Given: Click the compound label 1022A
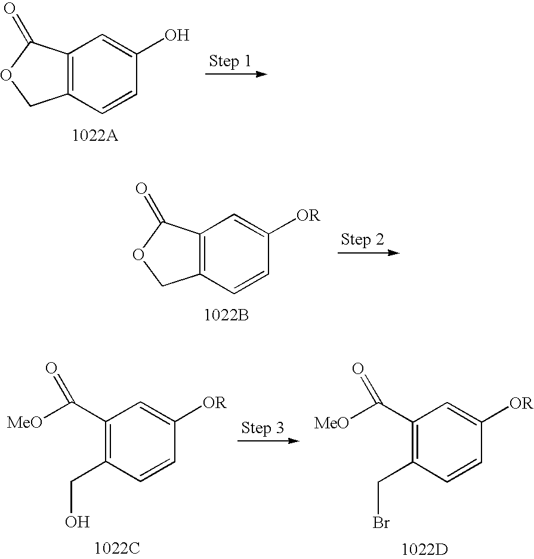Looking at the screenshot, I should pos(95,136).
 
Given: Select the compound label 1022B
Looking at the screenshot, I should pos(226,315).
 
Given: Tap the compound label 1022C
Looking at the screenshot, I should pos(117,547).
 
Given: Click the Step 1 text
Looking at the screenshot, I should pos(230,61).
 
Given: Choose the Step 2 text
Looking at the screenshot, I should pos(362,240).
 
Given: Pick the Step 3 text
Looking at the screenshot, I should pos(262,427).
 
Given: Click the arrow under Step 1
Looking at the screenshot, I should pos(235,74).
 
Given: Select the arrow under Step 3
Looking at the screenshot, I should pos(267,441).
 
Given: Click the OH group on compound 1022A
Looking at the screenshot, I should pos(177,36).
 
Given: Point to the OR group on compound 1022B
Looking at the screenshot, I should pos(308,215).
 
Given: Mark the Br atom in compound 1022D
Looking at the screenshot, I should pos(381,523).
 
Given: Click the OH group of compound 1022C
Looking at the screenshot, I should pos(77,522).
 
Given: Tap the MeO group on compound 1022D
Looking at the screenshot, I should pos(331,424).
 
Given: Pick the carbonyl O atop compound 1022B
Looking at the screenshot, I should pos(141,190).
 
